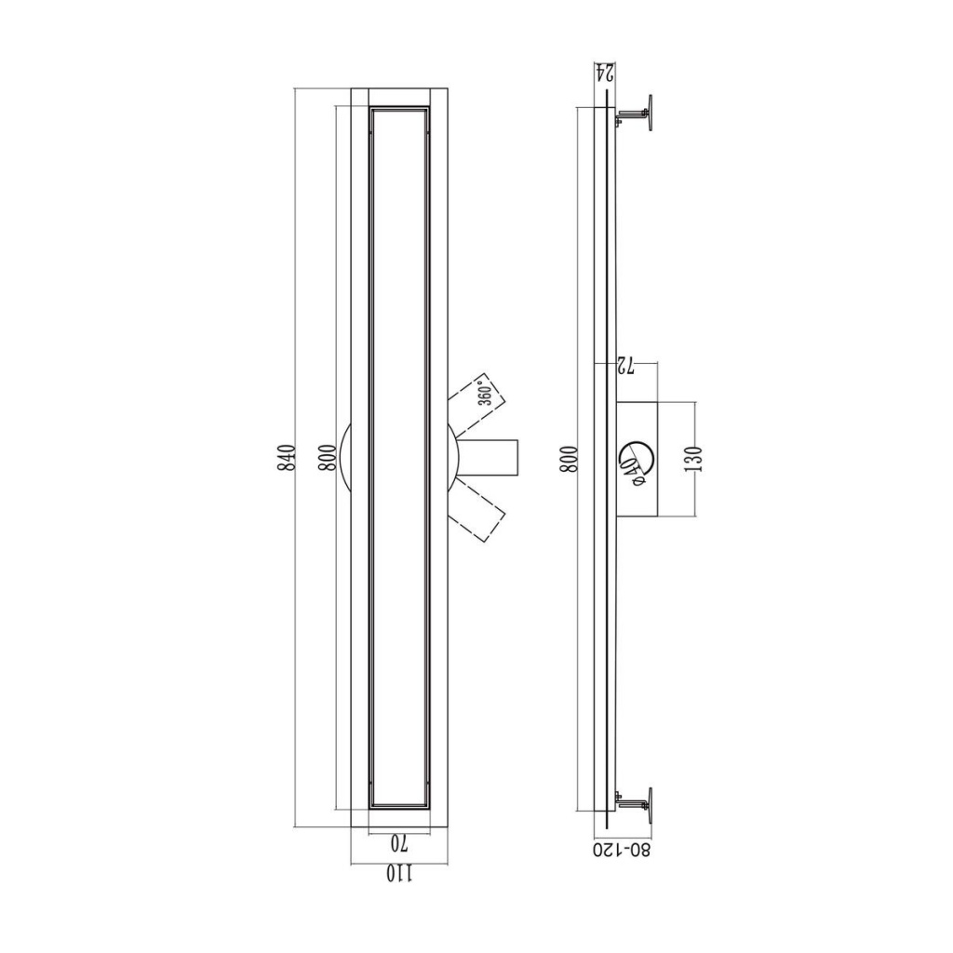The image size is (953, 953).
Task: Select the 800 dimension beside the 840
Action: tap(327, 457)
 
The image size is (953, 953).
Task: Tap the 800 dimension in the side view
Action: tap(569, 459)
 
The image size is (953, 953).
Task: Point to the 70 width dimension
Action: tap(398, 843)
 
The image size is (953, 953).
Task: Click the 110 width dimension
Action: tap(399, 874)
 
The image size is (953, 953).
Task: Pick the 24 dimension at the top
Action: tap(604, 72)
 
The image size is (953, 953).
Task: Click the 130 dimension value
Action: tap(696, 459)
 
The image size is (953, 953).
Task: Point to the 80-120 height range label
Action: tap(623, 850)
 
